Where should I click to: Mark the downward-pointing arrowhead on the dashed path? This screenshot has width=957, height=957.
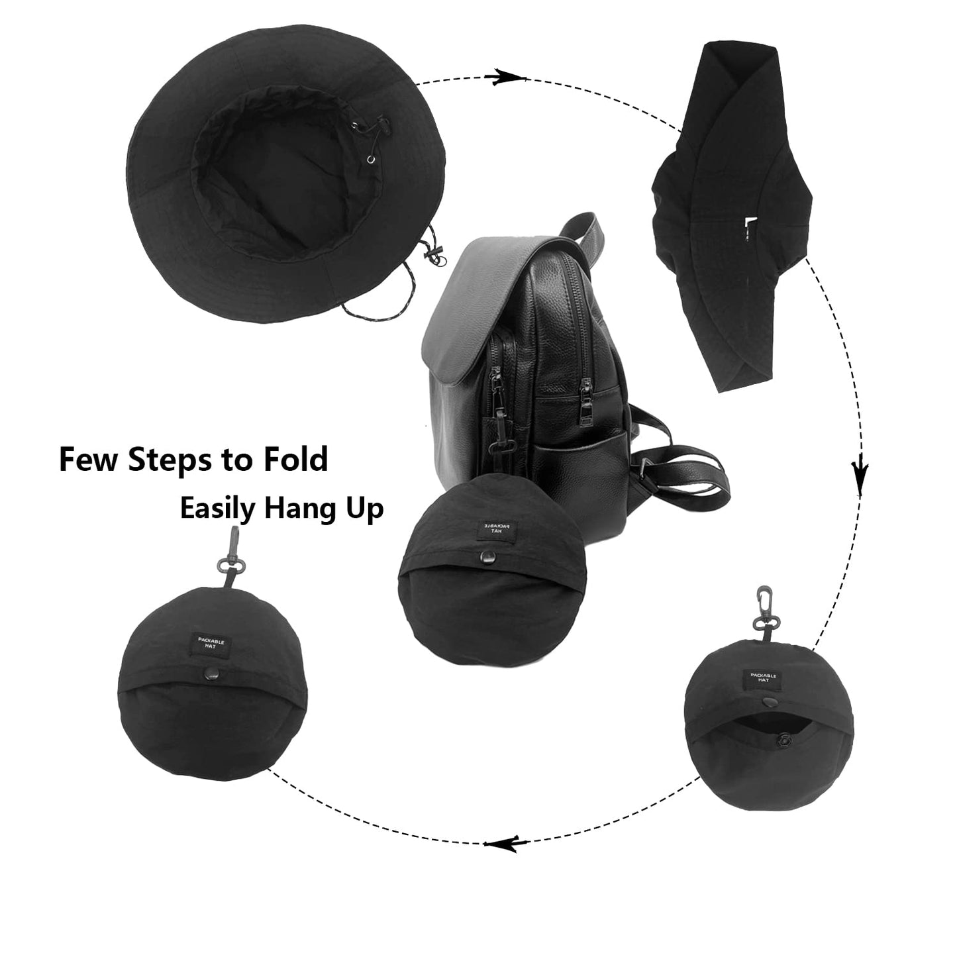click(x=860, y=472)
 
